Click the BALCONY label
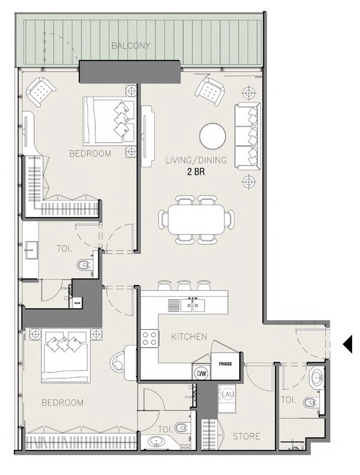pyautogui.click(x=130, y=46)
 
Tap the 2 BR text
pyautogui.click(x=196, y=172)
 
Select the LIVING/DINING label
pyautogui.click(x=196, y=160)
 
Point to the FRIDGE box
pyautogui.click(x=225, y=363)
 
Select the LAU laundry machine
pyautogui.click(x=228, y=398)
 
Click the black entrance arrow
pyautogui.click(x=347, y=344)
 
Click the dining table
pyautogui.click(x=195, y=219)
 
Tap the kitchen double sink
pyautogui.click(x=194, y=305)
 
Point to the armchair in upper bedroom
pyautogui.click(x=42, y=92)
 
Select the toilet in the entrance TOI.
pyautogui.click(x=310, y=403)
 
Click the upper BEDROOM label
pyautogui.click(x=90, y=154)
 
